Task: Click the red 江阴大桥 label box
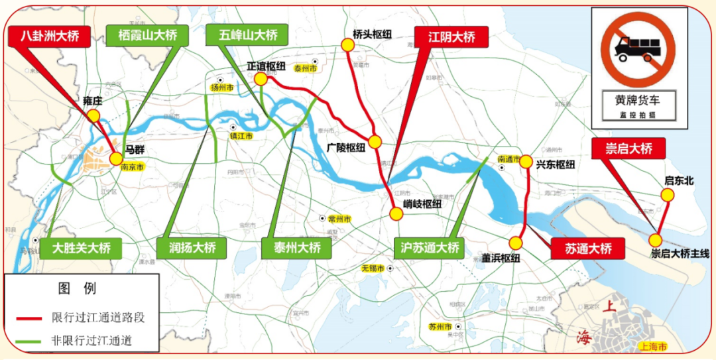pos(451,36)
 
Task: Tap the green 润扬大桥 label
pos(191,248)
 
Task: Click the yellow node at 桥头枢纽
pos(347,44)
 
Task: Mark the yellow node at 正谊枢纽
pos(261,79)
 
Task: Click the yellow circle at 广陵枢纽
pos(375,141)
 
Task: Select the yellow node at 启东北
pos(667,194)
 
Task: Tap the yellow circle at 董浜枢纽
pos(516,243)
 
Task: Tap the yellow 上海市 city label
pos(653,346)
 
